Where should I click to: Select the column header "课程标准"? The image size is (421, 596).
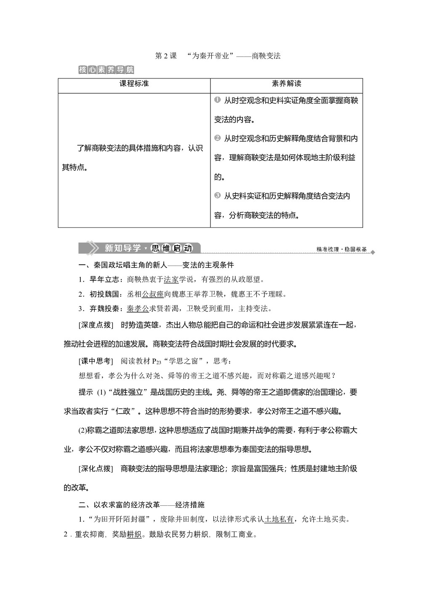(134, 83)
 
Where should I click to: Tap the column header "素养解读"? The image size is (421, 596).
(287, 83)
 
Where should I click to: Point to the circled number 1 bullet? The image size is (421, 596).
(217, 100)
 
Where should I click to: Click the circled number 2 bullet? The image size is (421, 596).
(217, 138)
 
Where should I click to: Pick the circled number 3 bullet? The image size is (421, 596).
(217, 195)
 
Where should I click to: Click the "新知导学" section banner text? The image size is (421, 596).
(123, 248)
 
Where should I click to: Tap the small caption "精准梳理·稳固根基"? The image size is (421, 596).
(341, 250)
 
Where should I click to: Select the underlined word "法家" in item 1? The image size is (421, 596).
(171, 279)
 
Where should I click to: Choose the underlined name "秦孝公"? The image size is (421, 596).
(138, 309)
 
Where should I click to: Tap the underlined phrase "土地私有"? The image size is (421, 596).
(279, 519)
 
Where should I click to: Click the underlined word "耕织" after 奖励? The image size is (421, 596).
(134, 534)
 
